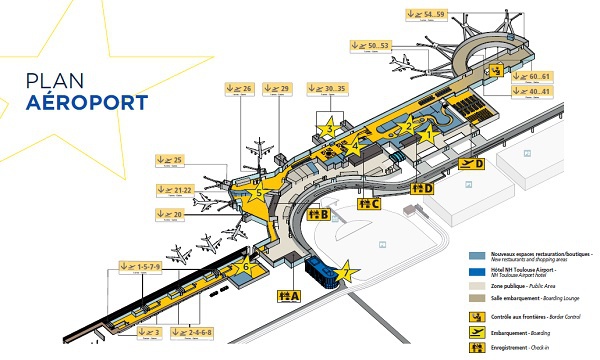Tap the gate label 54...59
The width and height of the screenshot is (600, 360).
(x=426, y=14)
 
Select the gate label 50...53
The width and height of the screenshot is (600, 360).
(x=370, y=44)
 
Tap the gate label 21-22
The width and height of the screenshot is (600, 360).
(x=175, y=189)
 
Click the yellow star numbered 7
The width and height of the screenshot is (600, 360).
(x=345, y=271)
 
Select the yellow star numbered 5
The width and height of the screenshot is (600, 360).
(x=259, y=192)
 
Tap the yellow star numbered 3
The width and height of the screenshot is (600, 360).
(x=329, y=127)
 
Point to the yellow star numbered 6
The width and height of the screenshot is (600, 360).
(x=245, y=265)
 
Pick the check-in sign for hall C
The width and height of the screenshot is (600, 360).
(x=368, y=204)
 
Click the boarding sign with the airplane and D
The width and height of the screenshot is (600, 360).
(x=471, y=163)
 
